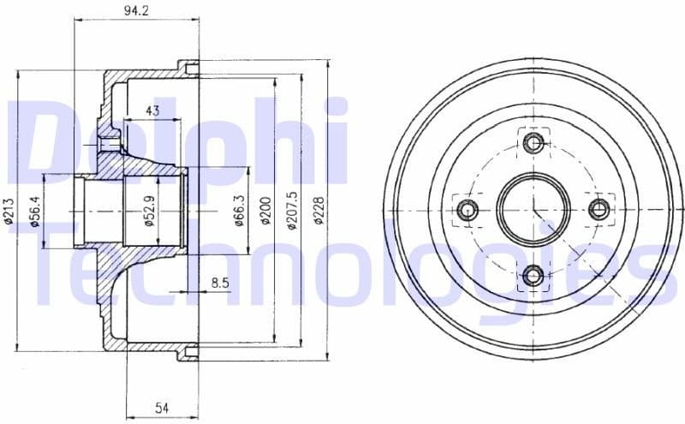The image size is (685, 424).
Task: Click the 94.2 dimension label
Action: (131, 11)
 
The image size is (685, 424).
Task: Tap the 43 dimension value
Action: (153, 110)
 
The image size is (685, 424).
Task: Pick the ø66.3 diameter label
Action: (239, 210)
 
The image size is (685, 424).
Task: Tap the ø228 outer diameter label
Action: (319, 210)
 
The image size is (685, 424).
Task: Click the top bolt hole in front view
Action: (534, 141)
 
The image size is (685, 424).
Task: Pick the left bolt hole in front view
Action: (468, 208)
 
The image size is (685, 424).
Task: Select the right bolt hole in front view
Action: (600, 208)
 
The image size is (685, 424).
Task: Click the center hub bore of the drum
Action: (534, 208)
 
